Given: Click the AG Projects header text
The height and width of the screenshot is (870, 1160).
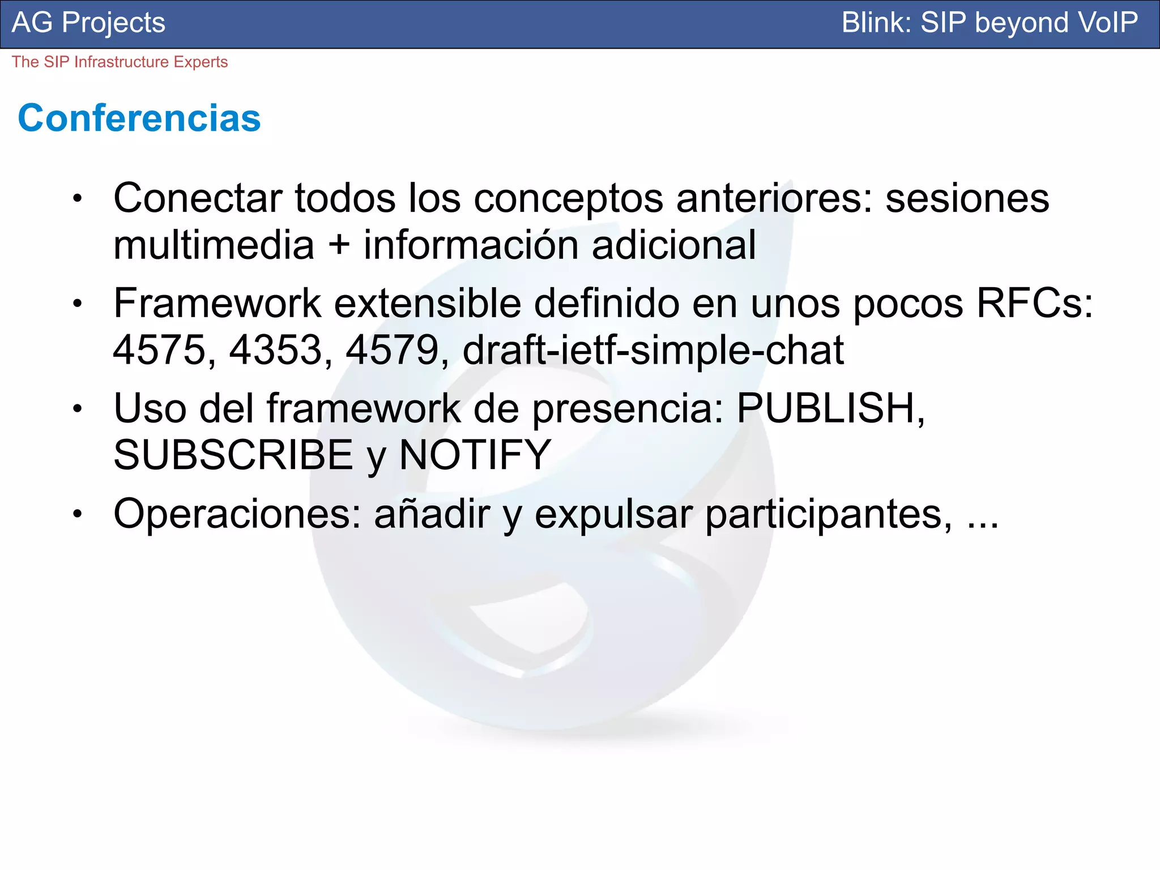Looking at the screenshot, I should (x=88, y=23).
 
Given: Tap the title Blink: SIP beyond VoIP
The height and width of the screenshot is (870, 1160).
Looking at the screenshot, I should (x=989, y=23).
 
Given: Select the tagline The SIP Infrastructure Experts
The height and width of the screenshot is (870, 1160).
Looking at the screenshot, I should (x=120, y=62).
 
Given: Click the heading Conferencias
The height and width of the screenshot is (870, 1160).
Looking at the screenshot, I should (x=139, y=118).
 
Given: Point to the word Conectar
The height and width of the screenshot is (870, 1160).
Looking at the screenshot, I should (x=198, y=198).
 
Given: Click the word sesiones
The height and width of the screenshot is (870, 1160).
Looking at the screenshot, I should (x=967, y=198).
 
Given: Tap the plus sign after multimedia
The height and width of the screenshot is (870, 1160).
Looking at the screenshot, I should (x=339, y=245).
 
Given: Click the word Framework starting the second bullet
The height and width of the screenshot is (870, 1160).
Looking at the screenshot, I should (x=217, y=304).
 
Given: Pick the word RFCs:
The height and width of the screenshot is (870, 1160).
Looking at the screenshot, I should (x=1034, y=304).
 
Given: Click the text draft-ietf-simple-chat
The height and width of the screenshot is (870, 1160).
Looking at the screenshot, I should (x=653, y=350).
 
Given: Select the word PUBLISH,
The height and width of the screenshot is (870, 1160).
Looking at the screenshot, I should (x=830, y=408).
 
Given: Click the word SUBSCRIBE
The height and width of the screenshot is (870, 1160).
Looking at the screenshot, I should (x=233, y=455).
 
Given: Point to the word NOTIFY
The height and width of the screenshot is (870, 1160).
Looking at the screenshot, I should (x=475, y=455).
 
